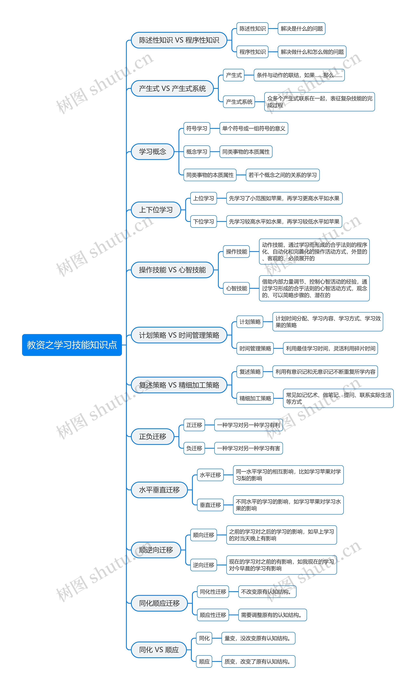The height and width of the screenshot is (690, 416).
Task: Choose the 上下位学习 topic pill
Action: tap(156, 210)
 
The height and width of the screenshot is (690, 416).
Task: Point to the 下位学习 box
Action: tap(203, 222)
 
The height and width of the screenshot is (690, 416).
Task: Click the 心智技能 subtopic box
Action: tap(236, 288)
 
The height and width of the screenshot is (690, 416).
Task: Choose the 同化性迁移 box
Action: tap(213, 592)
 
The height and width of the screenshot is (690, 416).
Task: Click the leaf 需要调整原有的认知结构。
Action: tap(272, 615)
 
